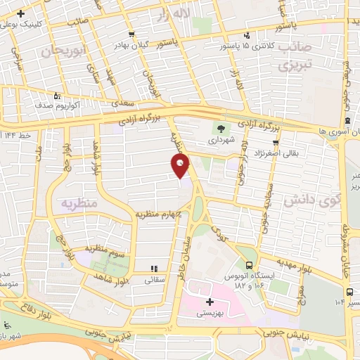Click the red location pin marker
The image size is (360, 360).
click(x=180, y=166)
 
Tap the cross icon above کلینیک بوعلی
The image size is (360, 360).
click(x=21, y=13)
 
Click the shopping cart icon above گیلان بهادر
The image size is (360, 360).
click(x=131, y=34)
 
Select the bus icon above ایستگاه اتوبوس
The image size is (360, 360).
click(x=250, y=265)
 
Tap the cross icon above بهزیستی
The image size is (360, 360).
click(x=209, y=301)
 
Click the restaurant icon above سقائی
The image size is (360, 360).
click(x=154, y=269)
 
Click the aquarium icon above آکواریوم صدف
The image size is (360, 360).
click(x=58, y=96)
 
